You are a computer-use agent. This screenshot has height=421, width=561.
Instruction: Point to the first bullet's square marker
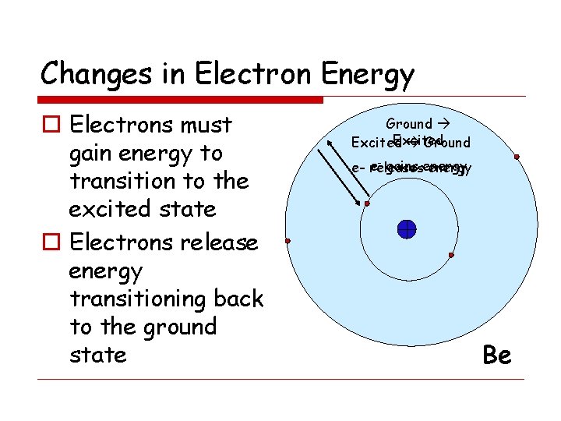(50, 126)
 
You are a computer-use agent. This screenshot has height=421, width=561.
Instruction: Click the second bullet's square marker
(50, 243)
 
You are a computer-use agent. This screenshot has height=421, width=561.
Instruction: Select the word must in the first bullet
(205, 125)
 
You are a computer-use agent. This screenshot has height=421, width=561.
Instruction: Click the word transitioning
(166, 299)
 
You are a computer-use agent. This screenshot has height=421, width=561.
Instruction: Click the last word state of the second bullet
(97, 355)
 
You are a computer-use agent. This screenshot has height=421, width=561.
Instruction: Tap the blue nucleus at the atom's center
(406, 229)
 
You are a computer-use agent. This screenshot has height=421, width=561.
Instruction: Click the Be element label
(496, 356)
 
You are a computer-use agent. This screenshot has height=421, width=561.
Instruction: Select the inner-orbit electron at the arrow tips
(367, 204)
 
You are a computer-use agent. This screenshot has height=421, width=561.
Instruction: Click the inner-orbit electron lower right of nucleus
(452, 255)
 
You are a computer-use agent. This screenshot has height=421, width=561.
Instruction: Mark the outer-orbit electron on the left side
(288, 241)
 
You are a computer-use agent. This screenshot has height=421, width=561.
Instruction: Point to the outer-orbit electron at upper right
(516, 157)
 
